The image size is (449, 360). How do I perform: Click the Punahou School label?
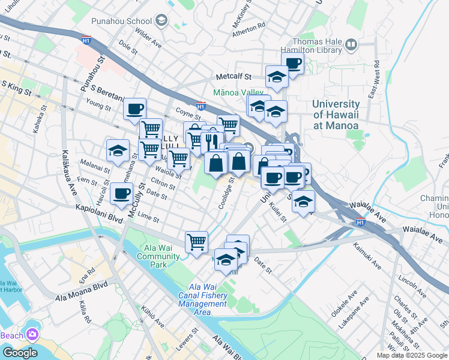coord(130,22)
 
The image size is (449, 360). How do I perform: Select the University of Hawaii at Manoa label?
coord(336,114)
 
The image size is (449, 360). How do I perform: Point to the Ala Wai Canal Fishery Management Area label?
coord(203,295)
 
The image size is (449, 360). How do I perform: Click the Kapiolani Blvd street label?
coord(99,209)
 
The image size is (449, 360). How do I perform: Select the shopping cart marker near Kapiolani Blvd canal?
coord(196,242)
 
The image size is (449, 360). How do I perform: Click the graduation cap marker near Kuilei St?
coord(304,202)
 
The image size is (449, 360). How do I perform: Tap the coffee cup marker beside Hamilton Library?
coord(292,63)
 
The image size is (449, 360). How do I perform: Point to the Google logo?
coord(19,352)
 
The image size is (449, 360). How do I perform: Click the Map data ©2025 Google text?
coord(412,355)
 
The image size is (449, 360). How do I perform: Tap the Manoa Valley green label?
coord(238,93)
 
